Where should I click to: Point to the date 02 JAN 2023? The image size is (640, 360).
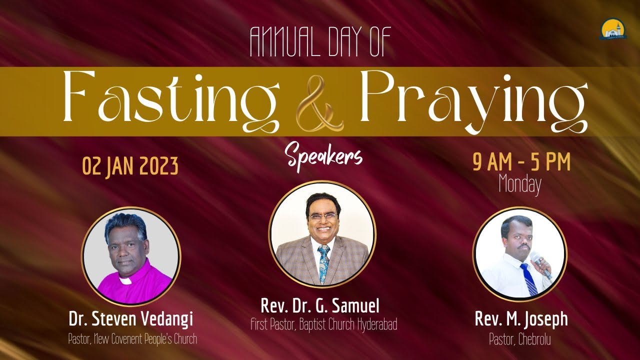[x=130, y=166]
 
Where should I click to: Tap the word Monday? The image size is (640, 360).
[x=520, y=185]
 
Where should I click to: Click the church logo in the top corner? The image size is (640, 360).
[x=613, y=29]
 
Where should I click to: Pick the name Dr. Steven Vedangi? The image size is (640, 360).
[x=131, y=319]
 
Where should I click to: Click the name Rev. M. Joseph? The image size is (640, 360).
[x=521, y=319]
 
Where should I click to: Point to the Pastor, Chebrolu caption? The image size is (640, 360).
[x=520, y=339]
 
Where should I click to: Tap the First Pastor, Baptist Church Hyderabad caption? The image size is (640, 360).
[x=323, y=324]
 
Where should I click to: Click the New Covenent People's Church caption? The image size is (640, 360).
[x=132, y=339]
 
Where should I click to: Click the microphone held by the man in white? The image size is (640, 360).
[x=540, y=263]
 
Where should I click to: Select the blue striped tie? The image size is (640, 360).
[x=528, y=279]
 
